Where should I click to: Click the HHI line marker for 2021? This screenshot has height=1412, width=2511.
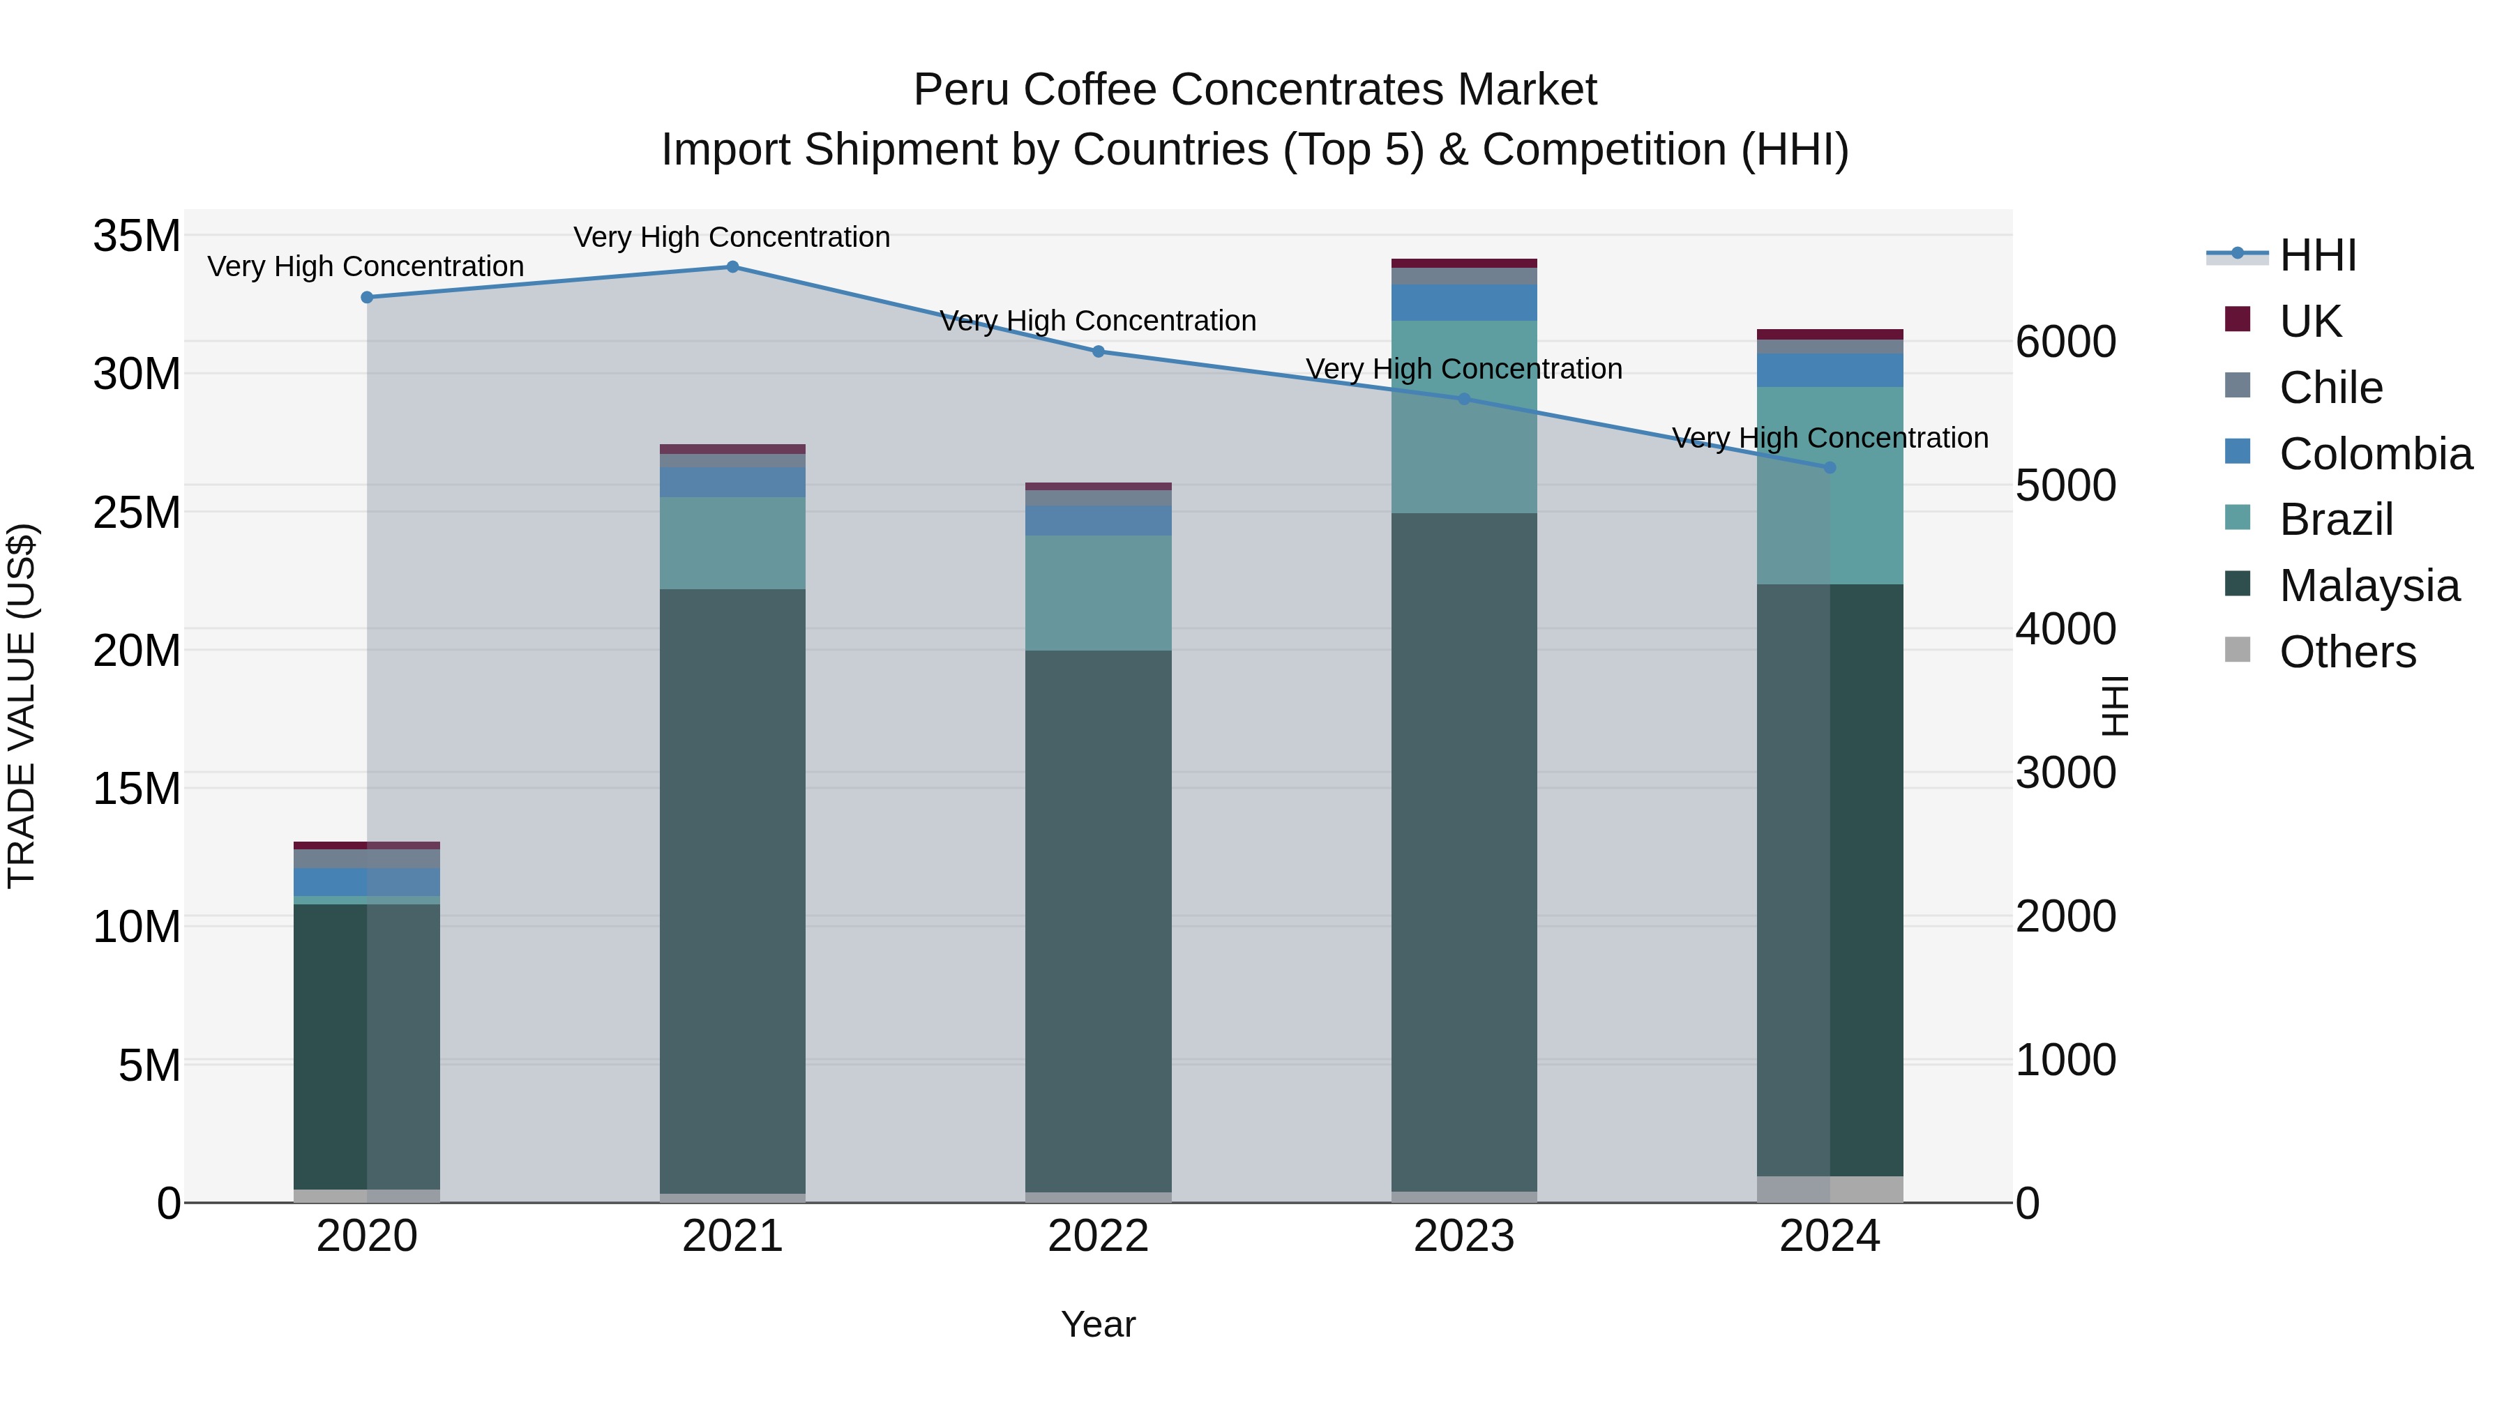(x=732, y=267)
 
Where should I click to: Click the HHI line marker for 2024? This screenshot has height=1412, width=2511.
(x=1829, y=468)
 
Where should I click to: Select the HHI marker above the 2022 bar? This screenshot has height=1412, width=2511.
(x=1098, y=352)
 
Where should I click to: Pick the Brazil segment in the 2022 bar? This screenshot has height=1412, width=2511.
(x=1098, y=593)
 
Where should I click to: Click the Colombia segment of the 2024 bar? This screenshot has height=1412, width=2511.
(x=1829, y=370)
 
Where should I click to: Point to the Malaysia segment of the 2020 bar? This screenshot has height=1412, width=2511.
(x=366, y=1046)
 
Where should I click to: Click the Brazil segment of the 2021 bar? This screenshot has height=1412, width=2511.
(x=732, y=542)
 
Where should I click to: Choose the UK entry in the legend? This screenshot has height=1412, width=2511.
(x=2309, y=321)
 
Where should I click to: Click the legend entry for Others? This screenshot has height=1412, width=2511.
(x=2346, y=651)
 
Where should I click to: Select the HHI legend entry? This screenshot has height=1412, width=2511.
(x=2317, y=255)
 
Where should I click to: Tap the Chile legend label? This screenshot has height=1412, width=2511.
(x=2330, y=387)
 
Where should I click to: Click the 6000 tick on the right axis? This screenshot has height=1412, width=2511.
(x=2065, y=342)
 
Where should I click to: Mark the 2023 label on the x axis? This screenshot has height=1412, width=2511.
(x=1463, y=1236)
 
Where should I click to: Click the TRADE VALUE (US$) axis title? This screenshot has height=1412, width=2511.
(x=22, y=706)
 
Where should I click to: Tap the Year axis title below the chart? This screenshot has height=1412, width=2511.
(x=1098, y=1324)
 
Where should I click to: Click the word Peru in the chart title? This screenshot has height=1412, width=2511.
(x=959, y=90)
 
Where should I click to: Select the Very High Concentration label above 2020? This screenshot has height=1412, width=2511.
(x=365, y=266)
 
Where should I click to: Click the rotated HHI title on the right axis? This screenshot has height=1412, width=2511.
(x=2113, y=706)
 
